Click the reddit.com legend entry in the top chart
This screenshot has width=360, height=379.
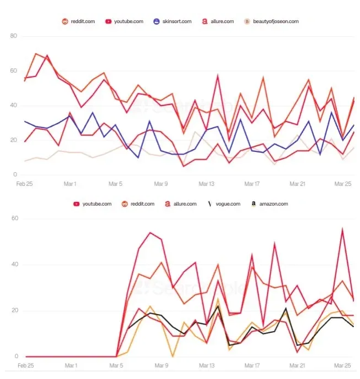tap(79, 21)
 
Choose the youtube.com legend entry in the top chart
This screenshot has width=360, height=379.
tap(125, 21)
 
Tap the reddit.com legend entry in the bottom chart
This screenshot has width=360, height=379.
tap(140, 204)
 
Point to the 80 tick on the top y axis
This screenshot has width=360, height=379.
tap(14, 36)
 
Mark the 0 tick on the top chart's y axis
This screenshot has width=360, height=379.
tap(16, 174)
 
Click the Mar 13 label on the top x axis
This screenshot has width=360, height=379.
tap(207, 184)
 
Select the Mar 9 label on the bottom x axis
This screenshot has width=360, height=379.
tap(161, 365)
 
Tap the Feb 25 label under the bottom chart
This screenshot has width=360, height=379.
tap(25, 365)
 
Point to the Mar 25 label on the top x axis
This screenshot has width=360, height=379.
tap(343, 184)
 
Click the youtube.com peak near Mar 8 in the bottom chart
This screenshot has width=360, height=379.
tap(150, 233)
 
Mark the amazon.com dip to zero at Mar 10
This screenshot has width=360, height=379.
tap(173, 356)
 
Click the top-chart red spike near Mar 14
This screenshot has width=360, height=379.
tap(218, 75)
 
